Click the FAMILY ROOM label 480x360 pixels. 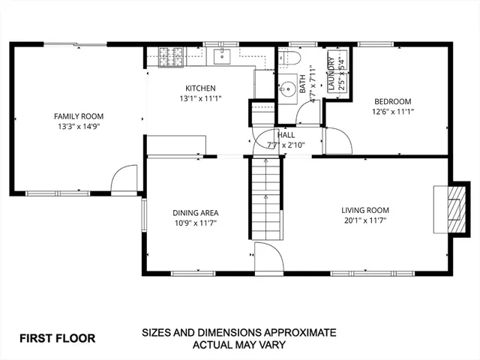pyautogui.click(x=79, y=116)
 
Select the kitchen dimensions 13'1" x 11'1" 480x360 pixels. pyautogui.click(x=200, y=98)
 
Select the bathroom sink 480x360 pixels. pyautogui.click(x=286, y=89)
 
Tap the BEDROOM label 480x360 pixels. pyautogui.click(x=394, y=101)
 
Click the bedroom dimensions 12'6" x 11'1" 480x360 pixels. pyautogui.click(x=394, y=112)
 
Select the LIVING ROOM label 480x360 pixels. pyautogui.click(x=365, y=210)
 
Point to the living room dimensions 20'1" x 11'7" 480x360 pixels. pyautogui.click(x=365, y=221)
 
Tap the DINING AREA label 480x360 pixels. pyautogui.click(x=196, y=213)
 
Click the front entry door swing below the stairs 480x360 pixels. pyautogui.click(x=268, y=256)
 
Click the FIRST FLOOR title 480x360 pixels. pyautogui.click(x=58, y=338)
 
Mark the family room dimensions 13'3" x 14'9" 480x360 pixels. pyautogui.click(x=79, y=127)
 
